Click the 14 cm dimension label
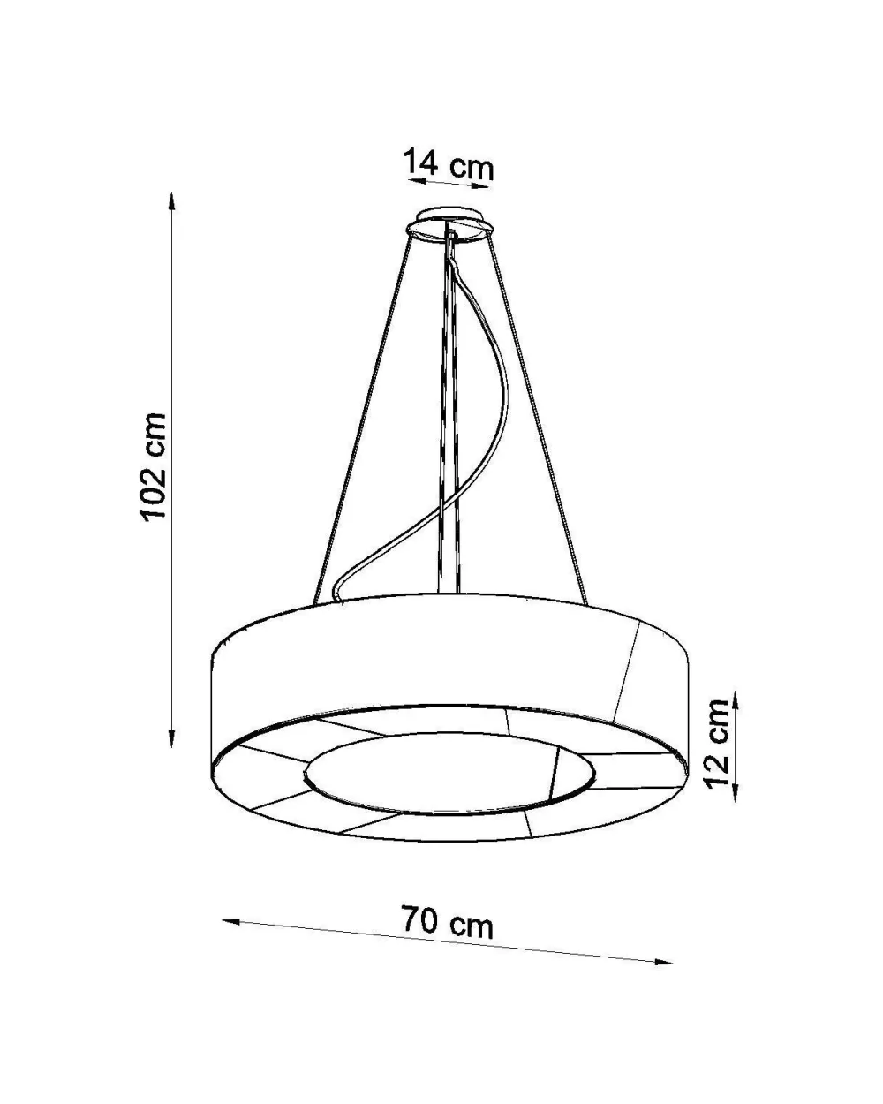(448, 164)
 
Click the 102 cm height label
(154, 465)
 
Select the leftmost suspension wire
(362, 415)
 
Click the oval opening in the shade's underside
(449, 774)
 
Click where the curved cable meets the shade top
(336, 598)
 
